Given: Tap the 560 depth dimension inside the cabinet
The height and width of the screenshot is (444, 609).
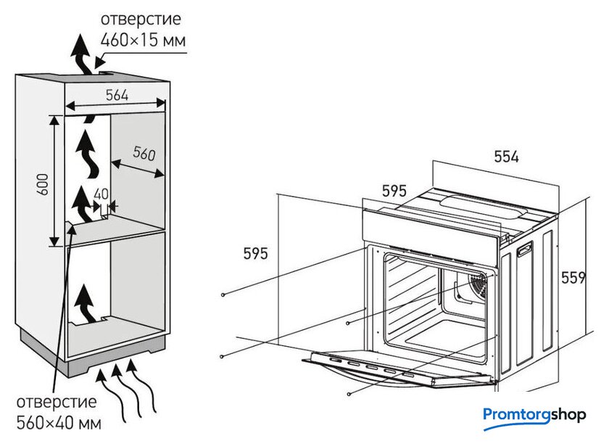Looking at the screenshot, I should click(x=144, y=154).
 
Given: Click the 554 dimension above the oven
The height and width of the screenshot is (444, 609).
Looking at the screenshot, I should click(x=506, y=157).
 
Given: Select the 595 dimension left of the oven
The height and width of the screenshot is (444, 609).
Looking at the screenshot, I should click(x=256, y=253).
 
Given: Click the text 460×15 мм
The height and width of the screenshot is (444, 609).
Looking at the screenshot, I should click(x=144, y=41).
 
